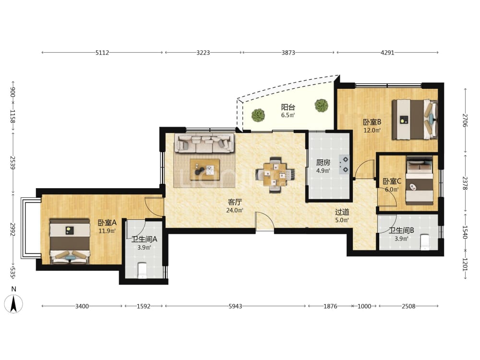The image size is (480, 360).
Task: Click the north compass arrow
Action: [13, 304]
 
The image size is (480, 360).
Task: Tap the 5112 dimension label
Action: [102, 53]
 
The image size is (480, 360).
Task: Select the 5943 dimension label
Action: [235, 306]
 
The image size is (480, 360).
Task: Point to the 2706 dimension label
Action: [465, 120]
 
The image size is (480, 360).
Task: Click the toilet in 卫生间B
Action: [425, 242]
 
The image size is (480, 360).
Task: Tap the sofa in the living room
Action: [204, 143]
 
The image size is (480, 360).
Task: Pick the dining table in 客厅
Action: [275, 175]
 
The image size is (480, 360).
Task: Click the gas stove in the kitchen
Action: [344, 164]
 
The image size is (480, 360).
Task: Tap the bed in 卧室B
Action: [415, 120]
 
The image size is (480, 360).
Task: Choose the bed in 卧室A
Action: [70, 241]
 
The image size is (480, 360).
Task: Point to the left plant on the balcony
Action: [258, 115]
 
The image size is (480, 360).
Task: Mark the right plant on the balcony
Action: [321, 105]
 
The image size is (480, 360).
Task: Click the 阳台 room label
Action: [288, 107]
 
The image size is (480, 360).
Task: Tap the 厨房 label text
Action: [323, 163]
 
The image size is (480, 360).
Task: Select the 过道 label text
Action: [342, 212]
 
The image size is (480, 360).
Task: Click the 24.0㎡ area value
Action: [235, 210]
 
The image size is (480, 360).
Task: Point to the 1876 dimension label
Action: [330, 306]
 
